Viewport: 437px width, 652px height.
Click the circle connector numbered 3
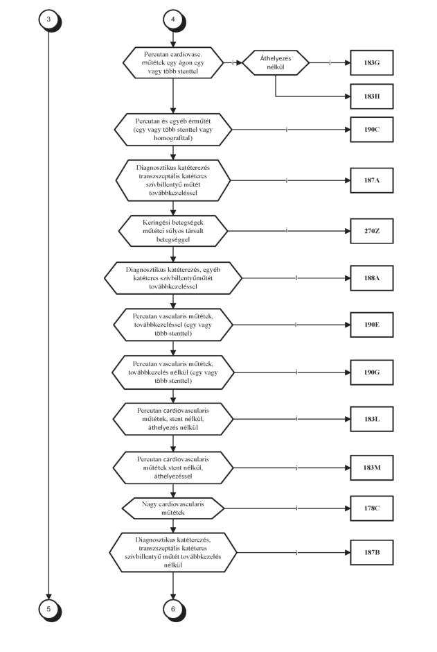[x=49, y=19]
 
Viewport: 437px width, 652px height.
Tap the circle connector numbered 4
[x=173, y=19]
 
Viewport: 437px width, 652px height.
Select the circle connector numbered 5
[x=49, y=609]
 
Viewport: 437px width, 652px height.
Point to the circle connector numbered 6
[x=173, y=609]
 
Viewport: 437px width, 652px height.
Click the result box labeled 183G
[x=372, y=63]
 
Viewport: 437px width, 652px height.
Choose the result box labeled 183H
[x=372, y=96]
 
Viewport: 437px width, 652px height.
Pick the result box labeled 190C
[x=372, y=129]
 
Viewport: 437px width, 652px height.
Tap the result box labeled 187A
[x=372, y=180]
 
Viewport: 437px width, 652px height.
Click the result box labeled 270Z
[x=372, y=231]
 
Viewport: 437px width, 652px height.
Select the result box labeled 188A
[x=372, y=277]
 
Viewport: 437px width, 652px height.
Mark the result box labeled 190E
[x=372, y=325]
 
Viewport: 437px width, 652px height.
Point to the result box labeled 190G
[x=372, y=372]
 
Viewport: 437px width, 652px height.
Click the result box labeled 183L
[x=372, y=419]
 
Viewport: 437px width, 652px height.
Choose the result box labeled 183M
[x=372, y=467]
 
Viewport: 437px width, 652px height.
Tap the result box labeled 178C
[x=372, y=508]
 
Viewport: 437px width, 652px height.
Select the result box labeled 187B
[x=372, y=553]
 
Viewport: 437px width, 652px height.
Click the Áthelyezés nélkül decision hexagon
[x=276, y=63]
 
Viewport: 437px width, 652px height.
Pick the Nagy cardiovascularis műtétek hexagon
[x=173, y=508]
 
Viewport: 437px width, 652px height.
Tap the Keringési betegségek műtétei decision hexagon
[x=173, y=231]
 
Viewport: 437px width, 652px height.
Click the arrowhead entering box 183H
[x=348, y=96]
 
